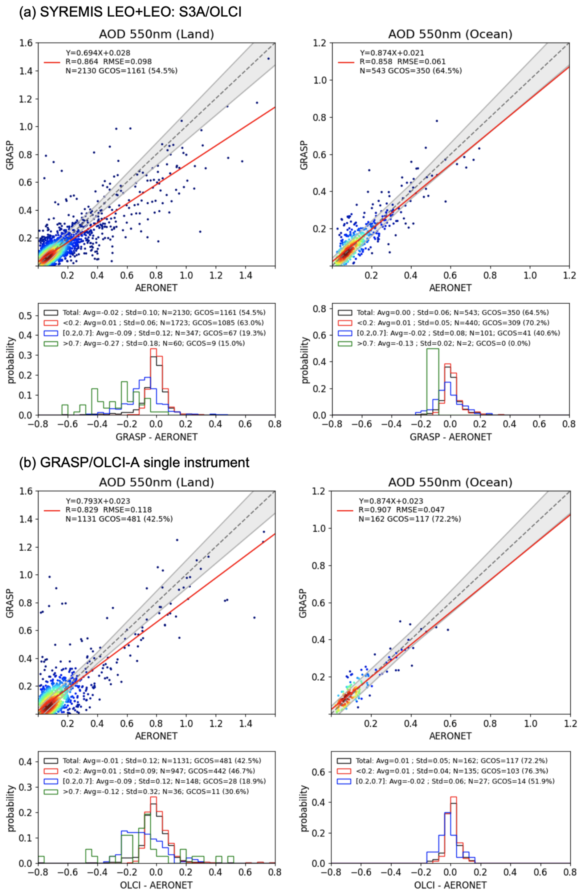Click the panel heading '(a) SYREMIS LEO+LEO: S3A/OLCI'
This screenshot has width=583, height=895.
pos(130,12)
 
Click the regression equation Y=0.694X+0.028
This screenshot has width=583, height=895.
pos(98,53)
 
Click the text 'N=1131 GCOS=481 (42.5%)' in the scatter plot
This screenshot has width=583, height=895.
pos(119,519)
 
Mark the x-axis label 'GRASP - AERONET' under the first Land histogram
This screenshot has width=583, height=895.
pos(156,437)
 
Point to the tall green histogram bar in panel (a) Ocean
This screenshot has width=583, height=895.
pos(433,382)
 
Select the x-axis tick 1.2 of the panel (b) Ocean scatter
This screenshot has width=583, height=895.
pos(569,724)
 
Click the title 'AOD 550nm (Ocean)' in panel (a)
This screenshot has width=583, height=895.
pos(450,34)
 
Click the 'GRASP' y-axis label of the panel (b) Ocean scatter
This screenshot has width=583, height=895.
pos(304,603)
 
